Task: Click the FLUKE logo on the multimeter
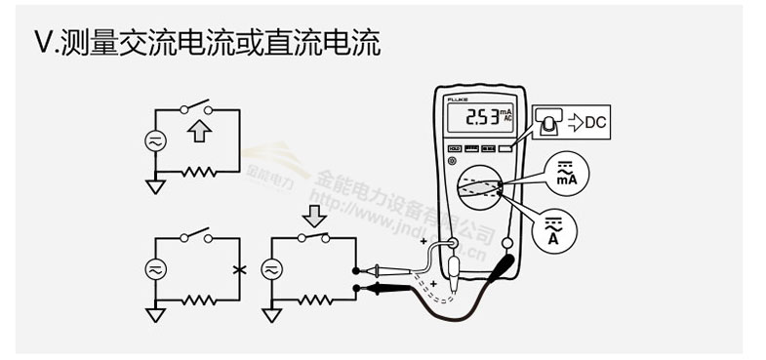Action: click(460, 100)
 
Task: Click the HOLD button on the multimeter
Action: click(454, 149)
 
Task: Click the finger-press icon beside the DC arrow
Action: click(549, 121)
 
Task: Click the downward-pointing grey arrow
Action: click(315, 214)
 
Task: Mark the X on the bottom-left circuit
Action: click(240, 268)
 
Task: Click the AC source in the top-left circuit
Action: click(154, 140)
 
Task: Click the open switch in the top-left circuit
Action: click(200, 105)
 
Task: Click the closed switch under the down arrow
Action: click(314, 236)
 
